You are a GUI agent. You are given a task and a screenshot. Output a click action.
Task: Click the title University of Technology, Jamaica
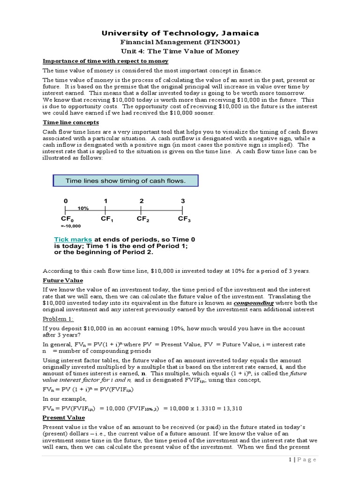coord(180,33)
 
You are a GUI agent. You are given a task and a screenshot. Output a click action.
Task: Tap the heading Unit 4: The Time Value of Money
coord(180,51)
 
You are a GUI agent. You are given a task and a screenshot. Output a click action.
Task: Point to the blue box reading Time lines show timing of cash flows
coord(125,181)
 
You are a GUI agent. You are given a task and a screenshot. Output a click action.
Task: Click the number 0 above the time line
coord(66,201)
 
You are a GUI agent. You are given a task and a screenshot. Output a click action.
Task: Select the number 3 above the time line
coord(183,201)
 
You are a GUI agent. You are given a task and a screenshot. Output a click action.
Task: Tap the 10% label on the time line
coord(83,208)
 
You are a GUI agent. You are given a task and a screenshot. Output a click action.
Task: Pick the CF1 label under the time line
coord(107,219)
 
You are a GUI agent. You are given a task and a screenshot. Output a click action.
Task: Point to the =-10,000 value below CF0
coord(71,226)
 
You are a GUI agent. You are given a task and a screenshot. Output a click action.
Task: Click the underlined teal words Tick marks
coord(73,240)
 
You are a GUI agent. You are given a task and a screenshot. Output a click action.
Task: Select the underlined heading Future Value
coord(63,280)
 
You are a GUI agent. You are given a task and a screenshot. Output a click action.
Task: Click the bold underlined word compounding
coord(254,303)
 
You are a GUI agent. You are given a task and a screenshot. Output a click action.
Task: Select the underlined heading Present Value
coord(64,418)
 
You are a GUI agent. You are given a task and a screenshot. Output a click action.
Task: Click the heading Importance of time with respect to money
coord(105,61)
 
